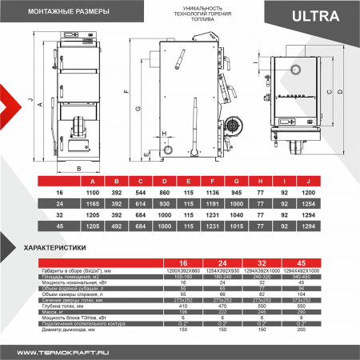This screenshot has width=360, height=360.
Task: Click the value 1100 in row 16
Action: [92, 194]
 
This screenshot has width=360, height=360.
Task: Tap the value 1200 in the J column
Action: [332, 194]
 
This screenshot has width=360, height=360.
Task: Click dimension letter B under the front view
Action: [79, 170]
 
